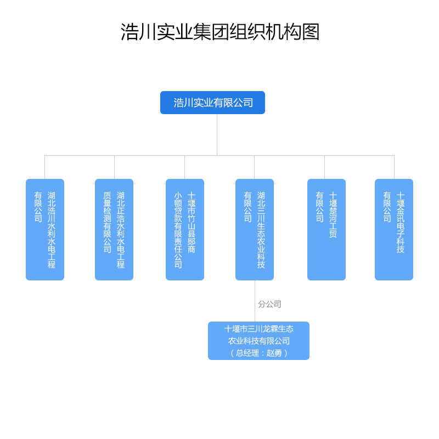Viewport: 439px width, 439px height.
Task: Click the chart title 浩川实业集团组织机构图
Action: pos(219,32)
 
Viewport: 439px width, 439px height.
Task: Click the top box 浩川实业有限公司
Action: pos(212,103)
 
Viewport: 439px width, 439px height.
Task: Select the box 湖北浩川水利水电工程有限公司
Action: pos(45,229)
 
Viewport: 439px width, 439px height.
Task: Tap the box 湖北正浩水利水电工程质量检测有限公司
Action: pos(114,229)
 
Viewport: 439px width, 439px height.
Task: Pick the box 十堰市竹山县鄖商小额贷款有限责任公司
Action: pos(185,229)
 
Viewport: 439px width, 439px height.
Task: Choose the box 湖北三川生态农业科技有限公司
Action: pos(255,229)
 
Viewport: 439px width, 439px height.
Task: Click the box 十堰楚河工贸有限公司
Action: pos(327,229)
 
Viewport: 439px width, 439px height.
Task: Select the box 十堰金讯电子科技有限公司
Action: pos(394,229)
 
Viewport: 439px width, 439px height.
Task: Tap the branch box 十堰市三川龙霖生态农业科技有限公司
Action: pos(258,341)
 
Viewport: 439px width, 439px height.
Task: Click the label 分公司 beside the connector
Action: pos(269,304)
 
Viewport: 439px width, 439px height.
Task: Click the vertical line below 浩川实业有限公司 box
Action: pos(217,134)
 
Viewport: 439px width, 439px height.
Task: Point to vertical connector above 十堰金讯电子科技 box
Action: pos(394,167)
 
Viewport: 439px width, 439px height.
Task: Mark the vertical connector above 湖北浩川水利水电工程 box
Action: pos(44,167)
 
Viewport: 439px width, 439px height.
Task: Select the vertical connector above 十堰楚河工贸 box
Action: pos(324,167)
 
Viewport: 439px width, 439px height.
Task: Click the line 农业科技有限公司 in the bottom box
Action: pos(258,341)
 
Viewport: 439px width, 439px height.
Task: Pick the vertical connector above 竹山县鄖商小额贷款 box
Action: pos(184,167)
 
